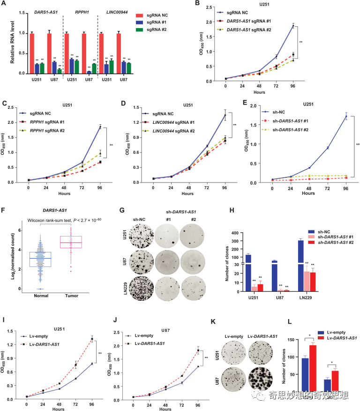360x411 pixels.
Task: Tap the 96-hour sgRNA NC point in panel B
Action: click(x=293, y=26)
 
